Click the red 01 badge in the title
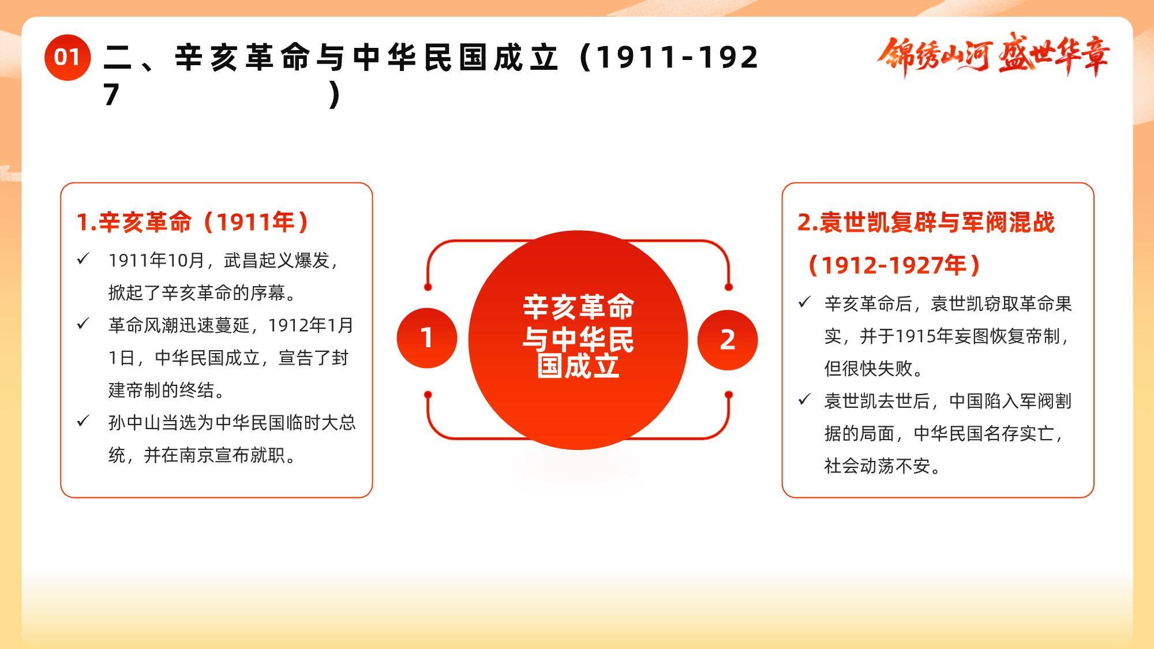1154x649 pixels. [68, 57]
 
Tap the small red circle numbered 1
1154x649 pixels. [427, 338]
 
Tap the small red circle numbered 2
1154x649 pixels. [728, 340]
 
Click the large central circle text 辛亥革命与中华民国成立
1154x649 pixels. [578, 337]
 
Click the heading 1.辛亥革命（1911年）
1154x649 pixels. [193, 222]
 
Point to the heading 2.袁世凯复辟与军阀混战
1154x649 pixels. [926, 223]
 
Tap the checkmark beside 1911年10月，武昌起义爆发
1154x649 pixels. [83, 259]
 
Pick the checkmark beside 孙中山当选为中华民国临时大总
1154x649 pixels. [83, 421]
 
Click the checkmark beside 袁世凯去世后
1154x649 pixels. [804, 399]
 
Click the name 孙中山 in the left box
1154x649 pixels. [134, 423]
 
